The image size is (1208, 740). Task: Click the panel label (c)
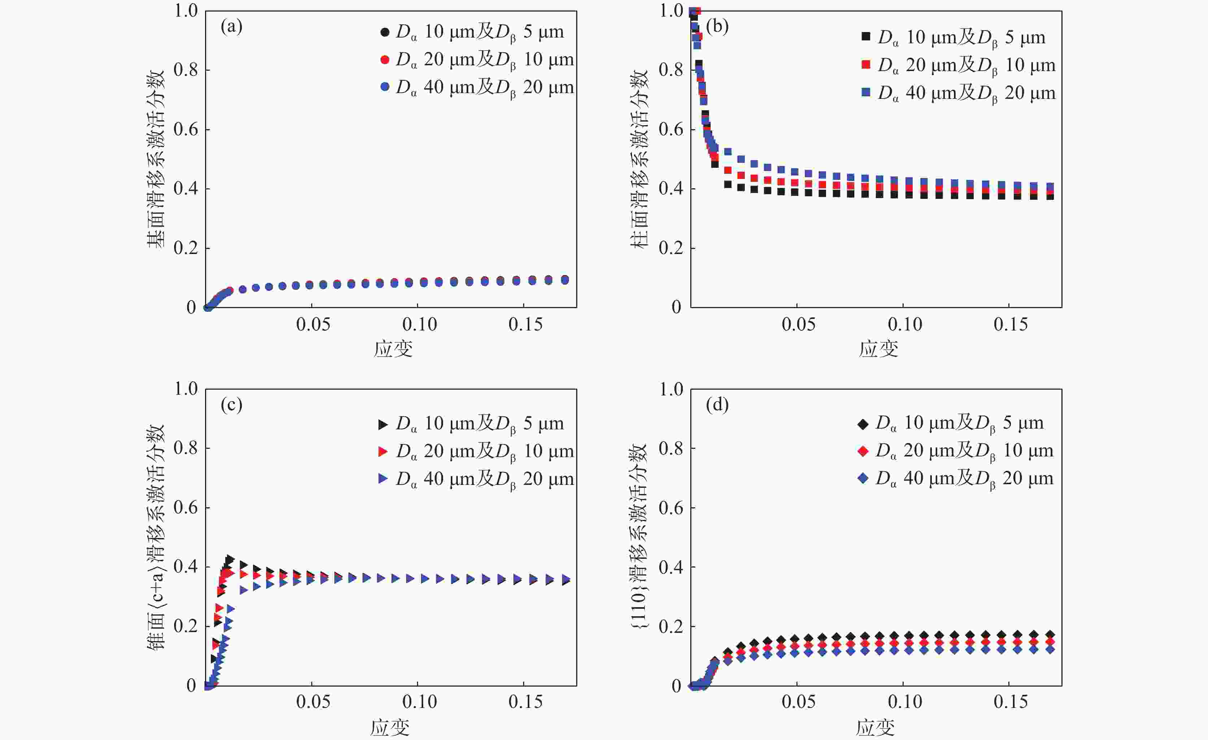pos(231,405)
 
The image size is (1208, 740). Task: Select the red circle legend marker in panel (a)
pos(385,59)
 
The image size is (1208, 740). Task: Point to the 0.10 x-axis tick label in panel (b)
pos(904,324)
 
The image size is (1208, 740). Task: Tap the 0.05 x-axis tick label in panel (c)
pos(313,702)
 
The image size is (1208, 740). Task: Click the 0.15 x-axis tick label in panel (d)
pos(1011,702)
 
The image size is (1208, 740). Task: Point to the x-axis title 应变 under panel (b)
pos(878,349)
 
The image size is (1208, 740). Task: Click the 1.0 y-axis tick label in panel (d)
pos(671,390)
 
